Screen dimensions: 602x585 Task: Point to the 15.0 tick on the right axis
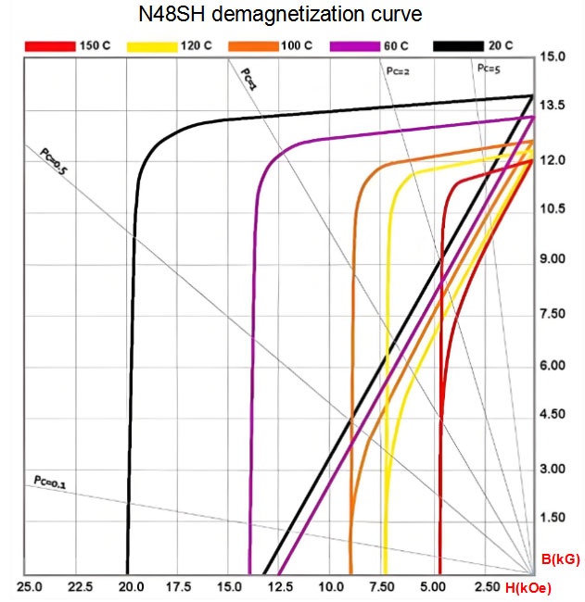(x=553, y=57)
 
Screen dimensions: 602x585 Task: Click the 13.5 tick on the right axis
(x=553, y=107)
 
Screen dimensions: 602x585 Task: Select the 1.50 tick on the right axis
(x=553, y=518)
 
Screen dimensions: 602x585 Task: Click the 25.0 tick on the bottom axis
(x=31, y=588)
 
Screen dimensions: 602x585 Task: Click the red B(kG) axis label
(x=560, y=559)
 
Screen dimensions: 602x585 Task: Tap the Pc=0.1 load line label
(x=50, y=482)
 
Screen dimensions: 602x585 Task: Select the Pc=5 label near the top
(x=490, y=68)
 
